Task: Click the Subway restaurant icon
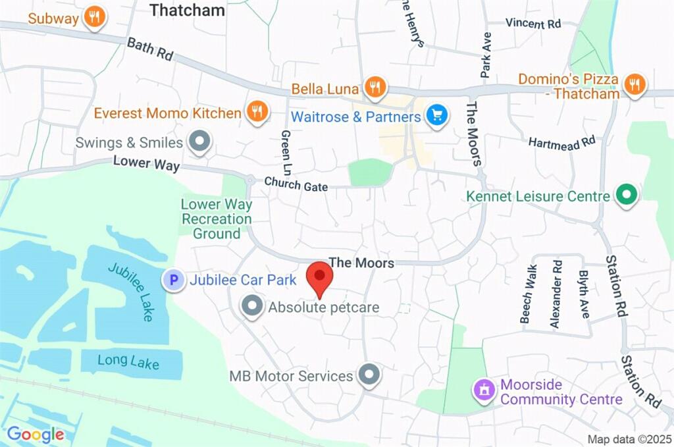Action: [x=95, y=18]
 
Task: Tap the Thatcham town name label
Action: [x=187, y=10]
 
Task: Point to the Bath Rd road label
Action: [x=149, y=49]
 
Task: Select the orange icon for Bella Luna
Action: [x=375, y=87]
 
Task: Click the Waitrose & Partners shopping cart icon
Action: [x=436, y=117]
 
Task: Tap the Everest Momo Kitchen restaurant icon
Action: [x=257, y=112]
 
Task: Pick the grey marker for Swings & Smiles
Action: [x=198, y=141]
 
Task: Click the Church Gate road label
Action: [x=296, y=184]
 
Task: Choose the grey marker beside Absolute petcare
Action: [x=251, y=306]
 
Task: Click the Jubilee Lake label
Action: [x=130, y=292]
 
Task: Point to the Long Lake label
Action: [x=128, y=361]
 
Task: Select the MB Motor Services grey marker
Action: [x=369, y=375]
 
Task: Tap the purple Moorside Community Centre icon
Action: [x=485, y=390]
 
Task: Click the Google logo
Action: [x=36, y=434]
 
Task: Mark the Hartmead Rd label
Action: [x=561, y=141]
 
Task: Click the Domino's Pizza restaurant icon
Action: [x=635, y=84]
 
